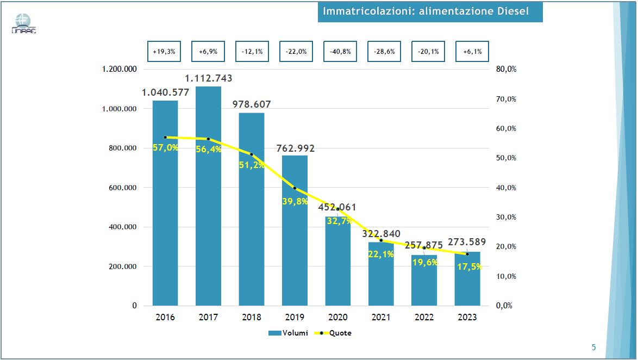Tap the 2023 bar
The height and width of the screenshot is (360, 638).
tap(467, 283)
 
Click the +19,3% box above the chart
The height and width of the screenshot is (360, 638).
tap(164, 52)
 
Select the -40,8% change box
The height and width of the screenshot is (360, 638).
tap(340, 52)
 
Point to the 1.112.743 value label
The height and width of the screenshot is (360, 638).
tap(208, 78)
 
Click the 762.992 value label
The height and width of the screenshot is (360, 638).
tap(295, 148)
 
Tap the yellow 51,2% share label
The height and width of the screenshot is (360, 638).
tap(252, 165)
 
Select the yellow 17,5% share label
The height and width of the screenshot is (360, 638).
tap(468, 267)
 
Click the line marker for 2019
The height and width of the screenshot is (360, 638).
tap(295, 188)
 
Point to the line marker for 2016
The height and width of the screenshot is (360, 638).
tap(165, 137)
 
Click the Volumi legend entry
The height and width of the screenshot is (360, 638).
tap(289, 333)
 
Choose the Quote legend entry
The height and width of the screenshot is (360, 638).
tap(333, 333)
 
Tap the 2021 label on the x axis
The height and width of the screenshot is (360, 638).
tap(380, 317)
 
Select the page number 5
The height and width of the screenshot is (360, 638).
tap(593, 347)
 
